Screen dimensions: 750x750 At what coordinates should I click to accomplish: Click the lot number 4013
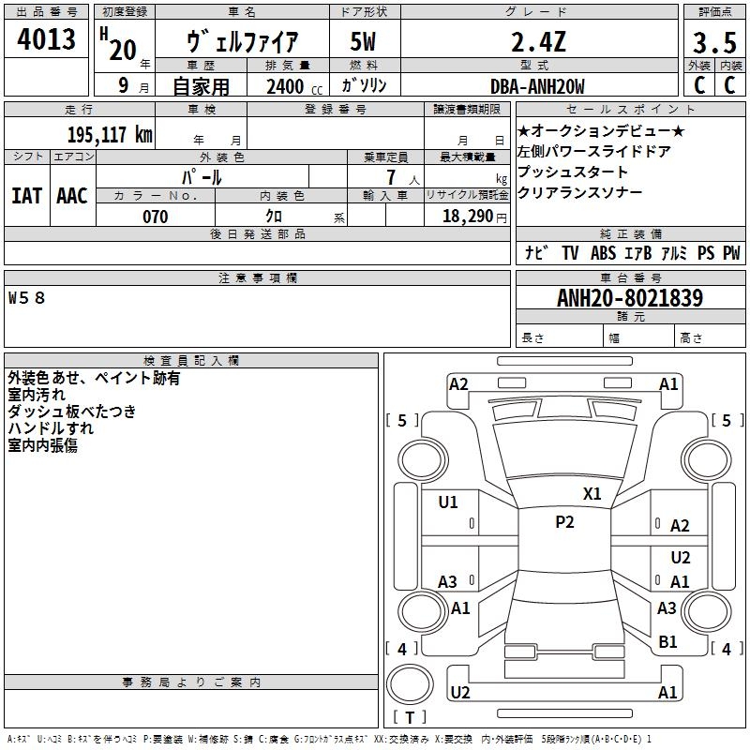[x=46, y=40]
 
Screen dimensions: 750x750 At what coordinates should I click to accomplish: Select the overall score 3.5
[x=713, y=44]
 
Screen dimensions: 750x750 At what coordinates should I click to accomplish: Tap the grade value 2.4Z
[x=537, y=42]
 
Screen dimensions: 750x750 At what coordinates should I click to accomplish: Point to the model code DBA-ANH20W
[x=537, y=86]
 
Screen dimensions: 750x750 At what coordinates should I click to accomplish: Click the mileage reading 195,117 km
[x=110, y=134]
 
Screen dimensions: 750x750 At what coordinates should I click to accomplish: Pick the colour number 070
[x=155, y=217]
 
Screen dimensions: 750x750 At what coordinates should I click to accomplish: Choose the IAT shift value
[x=26, y=195]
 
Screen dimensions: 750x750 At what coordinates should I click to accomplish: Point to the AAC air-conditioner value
[x=72, y=195]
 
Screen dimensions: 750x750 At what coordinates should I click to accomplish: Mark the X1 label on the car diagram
[x=592, y=494]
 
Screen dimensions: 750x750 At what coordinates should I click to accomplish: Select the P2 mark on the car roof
[x=564, y=522]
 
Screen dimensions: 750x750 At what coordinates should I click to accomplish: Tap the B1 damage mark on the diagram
[x=667, y=641]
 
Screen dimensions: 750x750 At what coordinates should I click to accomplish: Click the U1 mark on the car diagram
[x=448, y=502]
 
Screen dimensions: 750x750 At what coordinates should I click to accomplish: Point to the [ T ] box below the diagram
[x=409, y=718]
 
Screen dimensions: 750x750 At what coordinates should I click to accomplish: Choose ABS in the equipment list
[x=603, y=253]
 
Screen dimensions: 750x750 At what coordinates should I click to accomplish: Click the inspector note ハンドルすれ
[x=51, y=427]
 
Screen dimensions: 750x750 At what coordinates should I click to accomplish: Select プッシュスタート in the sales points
[x=573, y=172]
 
